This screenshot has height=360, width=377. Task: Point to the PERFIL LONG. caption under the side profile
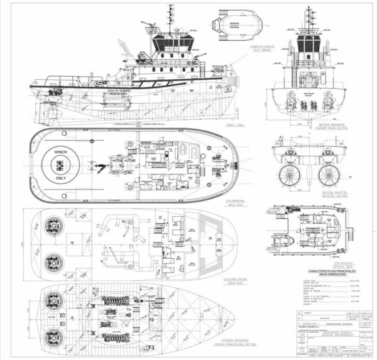(219, 124)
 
